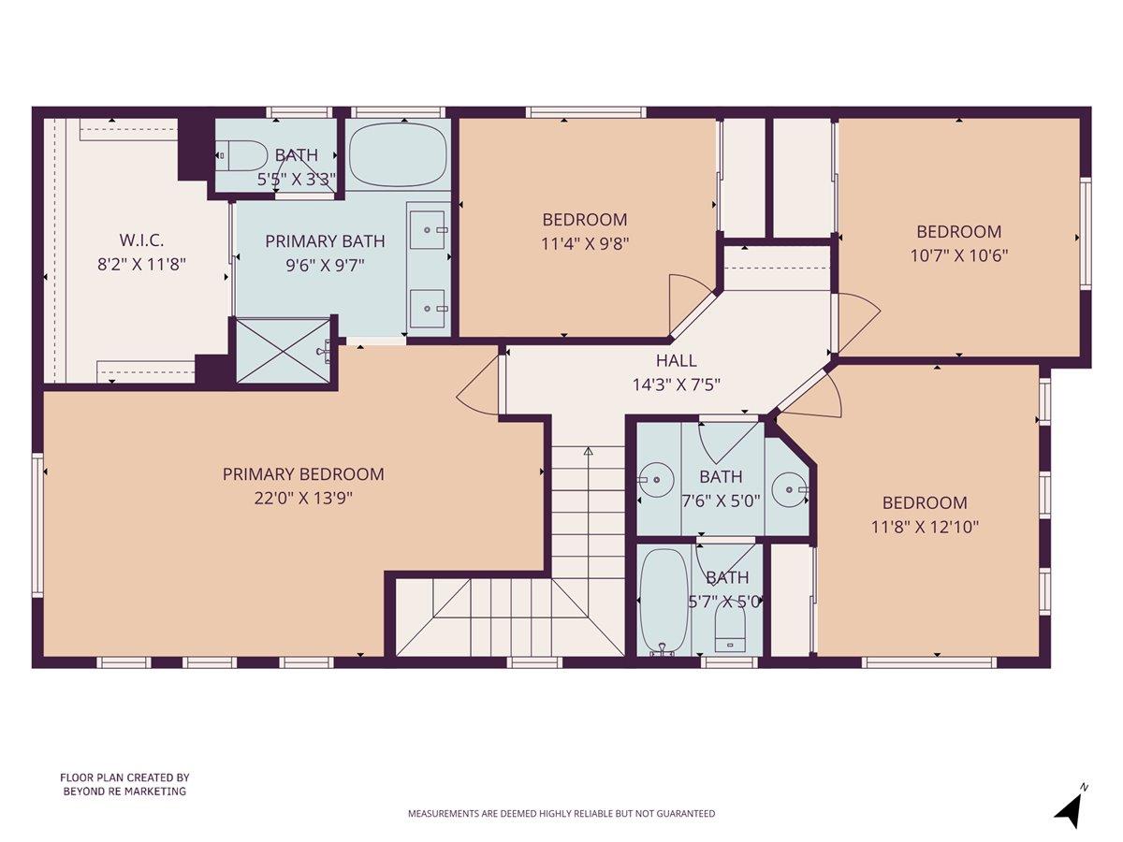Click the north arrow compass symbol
[1071, 807]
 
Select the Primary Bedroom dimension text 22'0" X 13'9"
[302, 498]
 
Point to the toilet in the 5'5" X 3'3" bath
[232, 154]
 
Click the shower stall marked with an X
[283, 351]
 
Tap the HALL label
[676, 360]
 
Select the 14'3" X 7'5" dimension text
[676, 383]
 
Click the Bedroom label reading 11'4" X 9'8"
[585, 242]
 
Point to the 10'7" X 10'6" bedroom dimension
[958, 254]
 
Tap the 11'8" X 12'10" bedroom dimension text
[925, 527]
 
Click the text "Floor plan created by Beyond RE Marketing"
[124, 784]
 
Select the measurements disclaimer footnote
[561, 814]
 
